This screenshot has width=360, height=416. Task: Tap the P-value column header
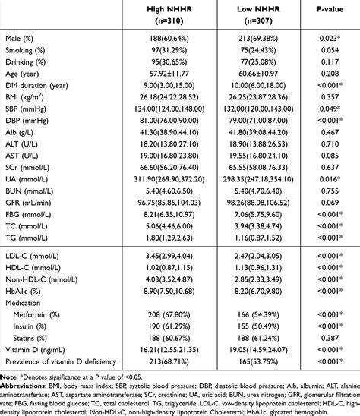coord(331,8)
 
